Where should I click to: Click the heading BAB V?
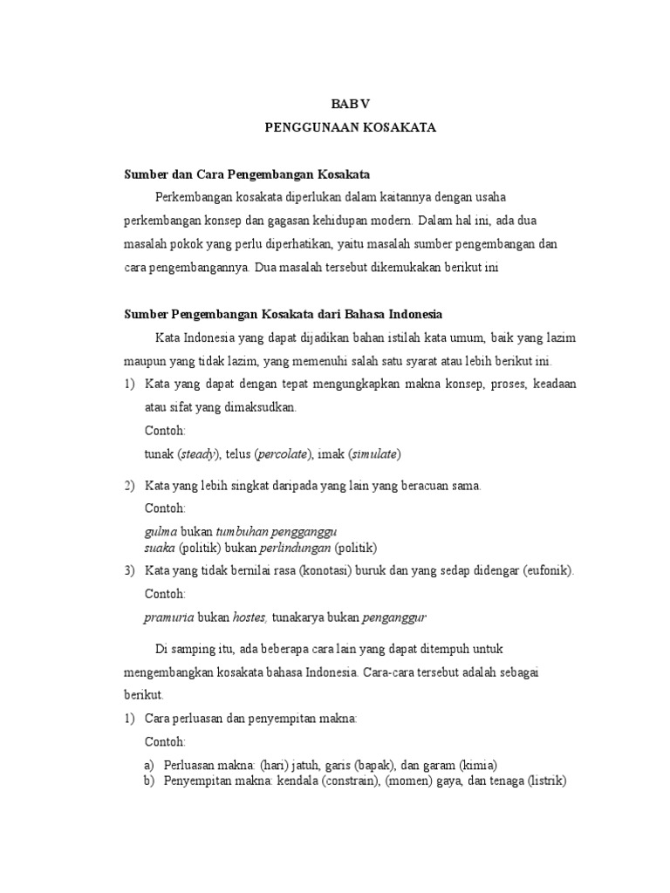pyautogui.click(x=349, y=102)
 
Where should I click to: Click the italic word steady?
pyautogui.click(x=200, y=454)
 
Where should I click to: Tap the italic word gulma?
pyautogui.click(x=161, y=532)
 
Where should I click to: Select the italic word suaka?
pyautogui.click(x=160, y=548)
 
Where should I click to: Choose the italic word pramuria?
pyautogui.click(x=169, y=617)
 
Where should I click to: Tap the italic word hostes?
pyautogui.click(x=249, y=617)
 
